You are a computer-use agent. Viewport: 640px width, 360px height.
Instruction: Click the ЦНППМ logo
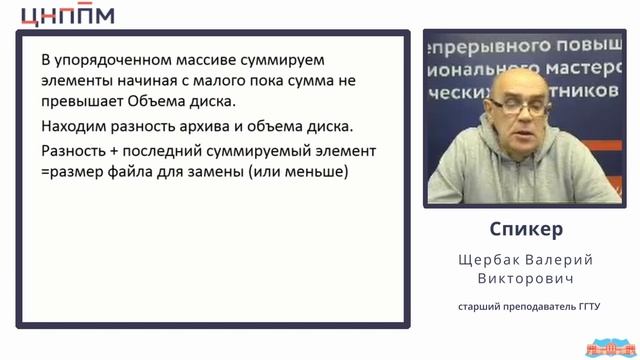tap(68, 14)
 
